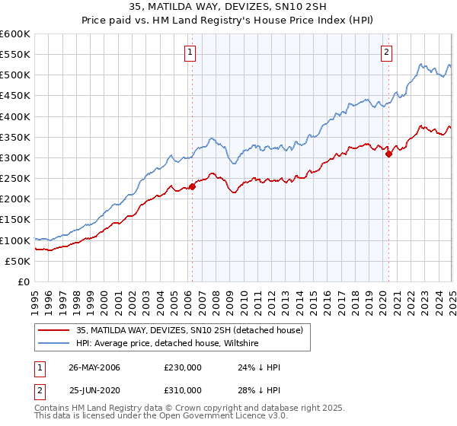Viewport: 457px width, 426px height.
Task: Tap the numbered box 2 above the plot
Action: pos(387,52)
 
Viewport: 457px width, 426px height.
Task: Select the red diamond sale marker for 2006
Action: pos(192,187)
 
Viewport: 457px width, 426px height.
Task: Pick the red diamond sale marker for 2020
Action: pos(388,154)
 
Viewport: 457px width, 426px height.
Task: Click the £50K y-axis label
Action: pos(18,261)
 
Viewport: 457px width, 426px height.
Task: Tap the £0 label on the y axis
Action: pos(23,281)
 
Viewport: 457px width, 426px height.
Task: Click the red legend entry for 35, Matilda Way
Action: pos(190,330)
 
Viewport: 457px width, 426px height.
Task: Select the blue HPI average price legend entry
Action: pos(168,344)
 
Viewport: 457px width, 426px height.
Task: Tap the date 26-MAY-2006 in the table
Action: pos(94,367)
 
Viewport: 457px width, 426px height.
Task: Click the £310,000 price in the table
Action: pos(183,390)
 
